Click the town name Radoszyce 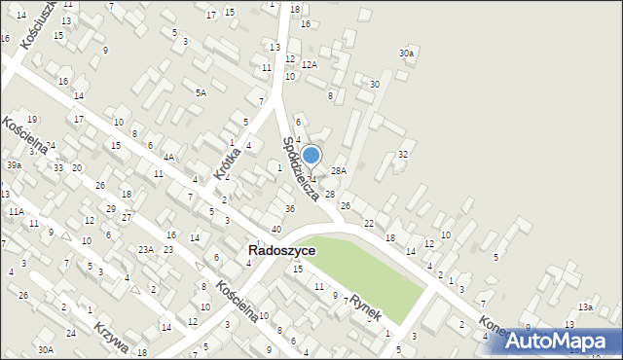pyautogui.click(x=281, y=250)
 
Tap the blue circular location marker pyautogui.click(x=311, y=155)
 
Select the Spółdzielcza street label pyautogui.click(x=301, y=168)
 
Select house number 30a pyautogui.click(x=406, y=53)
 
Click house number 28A pyautogui.click(x=338, y=170)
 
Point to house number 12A pyautogui.click(x=310, y=64)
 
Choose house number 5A pyautogui.click(x=201, y=92)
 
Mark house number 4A pyautogui.click(x=168, y=157)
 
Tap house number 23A pyautogui.click(x=145, y=250)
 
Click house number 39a pyautogui.click(x=14, y=165)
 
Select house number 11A pyautogui.click(x=16, y=211)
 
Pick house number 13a pyautogui.click(x=584, y=306)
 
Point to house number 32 pyautogui.click(x=403, y=155)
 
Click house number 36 pyautogui.click(x=289, y=209)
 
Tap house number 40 pyautogui.click(x=276, y=229)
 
